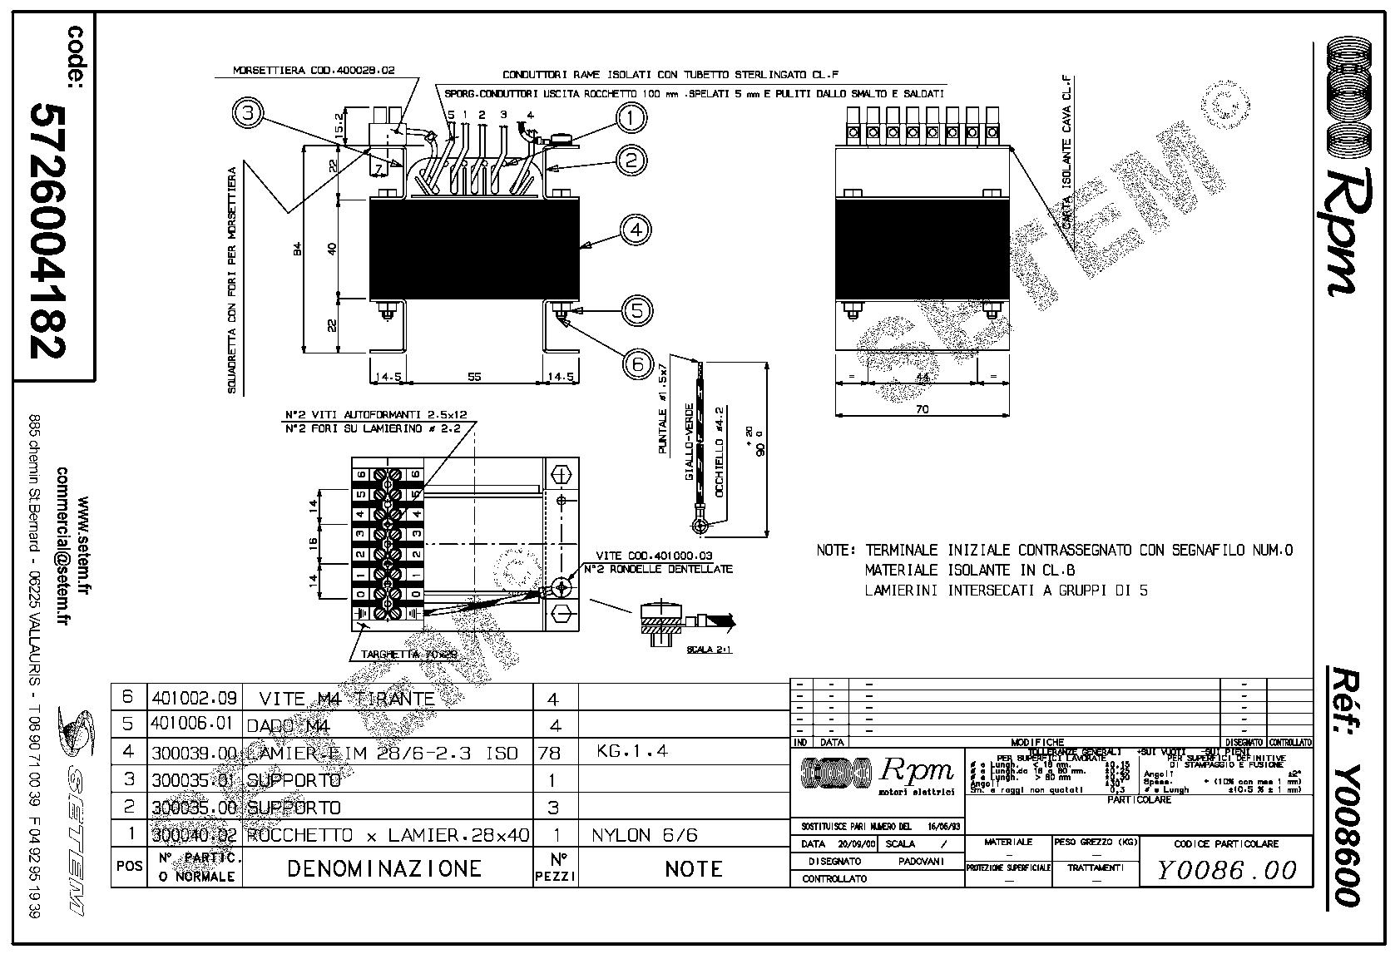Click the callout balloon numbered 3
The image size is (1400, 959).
click(x=248, y=113)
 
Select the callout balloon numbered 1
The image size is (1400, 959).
click(x=631, y=118)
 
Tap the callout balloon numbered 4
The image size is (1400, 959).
click(x=636, y=230)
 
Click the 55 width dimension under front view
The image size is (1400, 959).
click(x=473, y=377)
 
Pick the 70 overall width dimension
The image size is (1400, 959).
click(x=922, y=408)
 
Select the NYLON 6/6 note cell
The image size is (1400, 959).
click(x=645, y=834)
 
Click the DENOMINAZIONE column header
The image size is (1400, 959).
click(x=384, y=868)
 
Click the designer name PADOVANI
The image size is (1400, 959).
click(x=921, y=862)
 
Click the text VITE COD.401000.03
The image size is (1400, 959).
click(x=654, y=556)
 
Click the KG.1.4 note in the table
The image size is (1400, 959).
click(x=632, y=751)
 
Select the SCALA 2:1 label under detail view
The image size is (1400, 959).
click(x=710, y=651)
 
